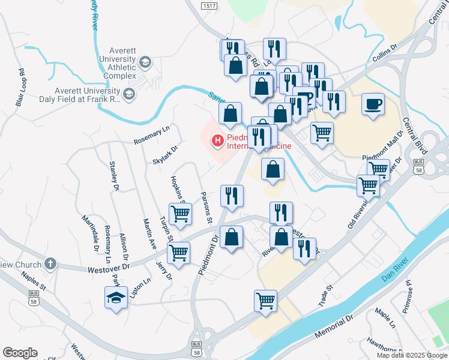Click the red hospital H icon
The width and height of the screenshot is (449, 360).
tap(217, 141)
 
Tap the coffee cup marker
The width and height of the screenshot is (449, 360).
tap(373, 104)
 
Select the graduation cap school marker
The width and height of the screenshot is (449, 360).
tap(116, 298)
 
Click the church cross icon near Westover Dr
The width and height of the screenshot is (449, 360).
tap(50, 263)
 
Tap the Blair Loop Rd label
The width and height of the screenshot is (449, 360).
tap(20, 88)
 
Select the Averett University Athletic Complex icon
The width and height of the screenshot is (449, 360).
tap(145, 62)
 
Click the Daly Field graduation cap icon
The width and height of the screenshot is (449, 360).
tap(128, 94)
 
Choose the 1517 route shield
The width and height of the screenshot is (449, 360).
tap(209, 5)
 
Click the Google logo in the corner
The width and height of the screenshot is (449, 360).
tap(20, 353)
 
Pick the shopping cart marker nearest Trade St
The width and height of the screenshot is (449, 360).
tap(265, 301)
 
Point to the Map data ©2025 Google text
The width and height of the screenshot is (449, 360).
tap(412, 355)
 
